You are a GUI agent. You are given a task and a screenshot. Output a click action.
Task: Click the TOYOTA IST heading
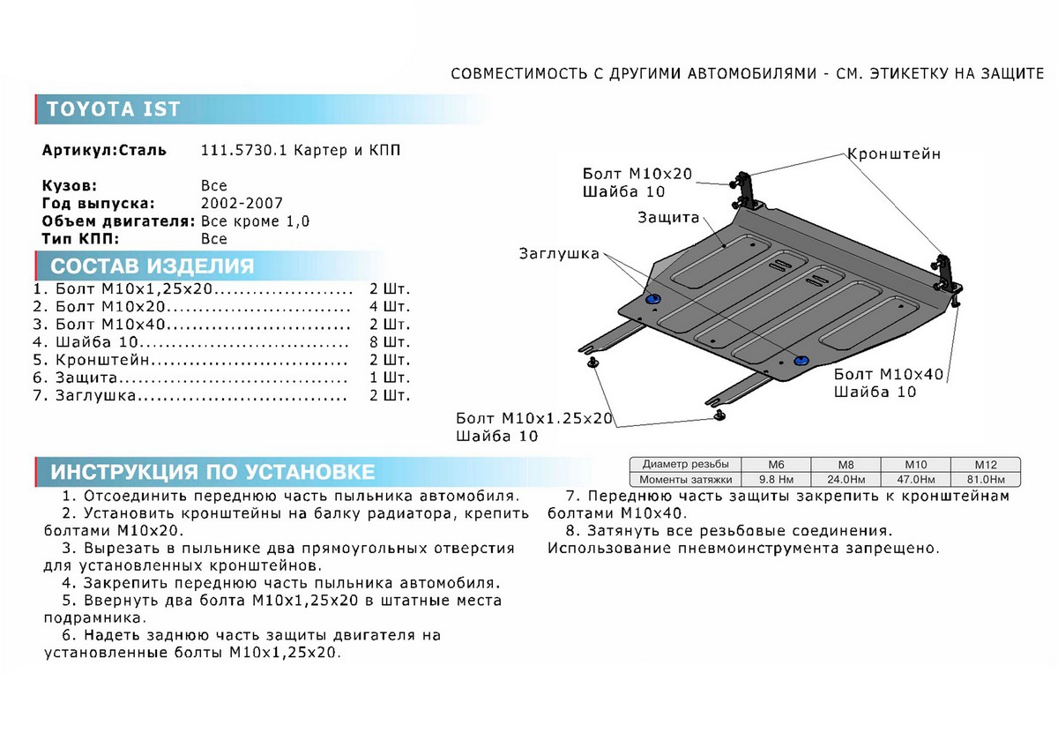(x=113, y=109)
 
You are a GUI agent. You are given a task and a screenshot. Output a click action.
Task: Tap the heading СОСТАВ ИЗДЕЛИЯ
(x=153, y=266)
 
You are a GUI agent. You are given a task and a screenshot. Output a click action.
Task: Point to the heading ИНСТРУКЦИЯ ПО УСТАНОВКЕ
(x=212, y=471)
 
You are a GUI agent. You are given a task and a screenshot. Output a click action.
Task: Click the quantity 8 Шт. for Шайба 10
(x=390, y=341)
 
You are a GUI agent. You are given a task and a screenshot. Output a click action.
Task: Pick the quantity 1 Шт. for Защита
(x=390, y=378)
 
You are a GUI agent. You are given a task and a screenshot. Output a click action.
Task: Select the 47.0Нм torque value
(x=916, y=480)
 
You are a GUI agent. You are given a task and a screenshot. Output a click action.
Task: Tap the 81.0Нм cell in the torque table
(x=985, y=480)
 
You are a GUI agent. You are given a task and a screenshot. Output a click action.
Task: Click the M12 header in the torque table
(x=985, y=465)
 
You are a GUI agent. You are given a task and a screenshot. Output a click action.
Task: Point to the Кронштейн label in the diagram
(x=894, y=154)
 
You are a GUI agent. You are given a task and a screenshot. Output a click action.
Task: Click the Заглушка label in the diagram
(x=559, y=254)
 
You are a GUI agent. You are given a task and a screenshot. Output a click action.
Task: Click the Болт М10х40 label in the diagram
(x=888, y=374)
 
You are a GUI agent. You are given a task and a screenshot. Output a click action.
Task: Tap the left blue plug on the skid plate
(x=653, y=300)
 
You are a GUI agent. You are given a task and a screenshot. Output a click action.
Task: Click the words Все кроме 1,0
(x=256, y=221)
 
